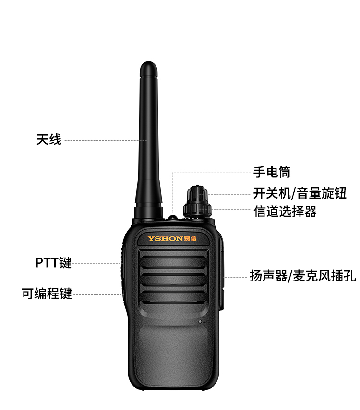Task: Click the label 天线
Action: coord(48,140)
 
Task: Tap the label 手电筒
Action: coord(272,172)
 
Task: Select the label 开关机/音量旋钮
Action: coord(300,194)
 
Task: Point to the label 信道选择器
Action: coord(285,211)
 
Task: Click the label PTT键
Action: coord(53,262)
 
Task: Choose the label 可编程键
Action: coord(47,293)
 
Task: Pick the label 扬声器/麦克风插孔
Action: coord(303,276)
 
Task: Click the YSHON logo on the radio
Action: coord(172,238)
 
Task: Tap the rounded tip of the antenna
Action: coord(148,66)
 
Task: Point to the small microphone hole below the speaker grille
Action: coord(200,322)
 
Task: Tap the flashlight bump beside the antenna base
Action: coord(173,217)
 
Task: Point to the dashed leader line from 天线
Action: coord(106,140)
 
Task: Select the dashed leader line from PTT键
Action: coord(97,263)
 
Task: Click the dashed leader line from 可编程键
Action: coord(98,294)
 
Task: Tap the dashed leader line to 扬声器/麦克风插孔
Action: coord(236,278)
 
